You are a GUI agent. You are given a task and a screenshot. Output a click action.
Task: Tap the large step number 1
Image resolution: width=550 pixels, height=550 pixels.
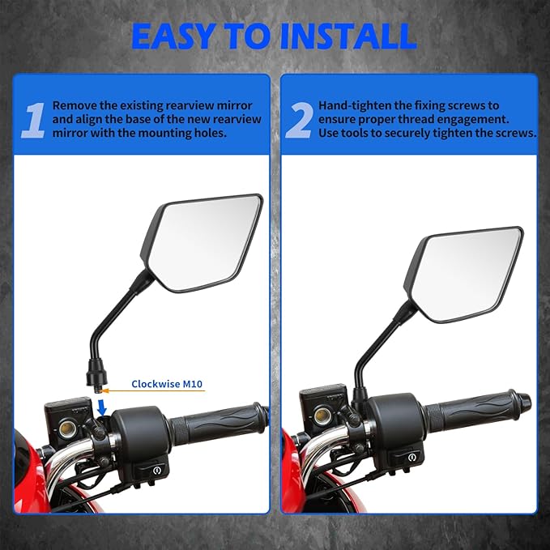[32, 119]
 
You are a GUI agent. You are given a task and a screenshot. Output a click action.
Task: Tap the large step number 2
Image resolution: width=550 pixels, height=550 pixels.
[298, 119]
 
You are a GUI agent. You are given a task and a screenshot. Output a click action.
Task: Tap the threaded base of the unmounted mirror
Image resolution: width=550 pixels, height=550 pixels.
[99, 381]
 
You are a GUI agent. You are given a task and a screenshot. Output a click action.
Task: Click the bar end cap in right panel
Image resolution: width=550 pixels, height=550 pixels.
[523, 401]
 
